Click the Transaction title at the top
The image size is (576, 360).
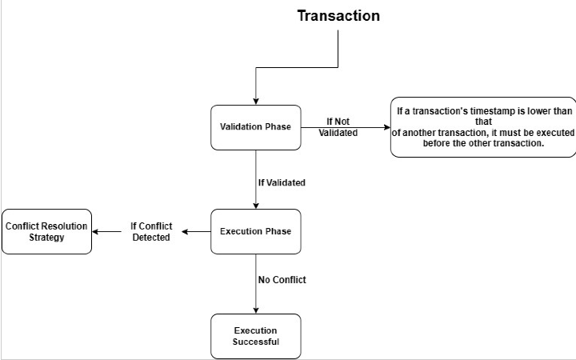click(338, 16)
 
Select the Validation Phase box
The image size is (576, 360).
click(256, 127)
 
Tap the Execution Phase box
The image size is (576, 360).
click(256, 231)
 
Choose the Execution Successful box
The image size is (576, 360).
click(256, 336)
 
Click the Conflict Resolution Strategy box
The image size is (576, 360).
click(46, 231)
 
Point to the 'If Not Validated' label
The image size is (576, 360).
click(338, 127)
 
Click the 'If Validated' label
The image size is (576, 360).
click(282, 182)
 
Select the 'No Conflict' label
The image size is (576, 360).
click(282, 280)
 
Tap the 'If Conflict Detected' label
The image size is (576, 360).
click(151, 231)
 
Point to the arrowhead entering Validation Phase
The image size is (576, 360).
click(256, 102)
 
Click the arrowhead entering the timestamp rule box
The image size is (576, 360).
click(387, 127)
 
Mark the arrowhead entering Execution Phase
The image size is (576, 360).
click(256, 206)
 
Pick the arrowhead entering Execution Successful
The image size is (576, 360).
click(256, 310)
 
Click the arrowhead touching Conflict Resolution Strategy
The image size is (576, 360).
click(95, 232)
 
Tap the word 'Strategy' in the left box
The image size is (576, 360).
click(46, 238)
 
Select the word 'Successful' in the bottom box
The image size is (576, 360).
click(256, 342)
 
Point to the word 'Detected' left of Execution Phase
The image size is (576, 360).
click(151, 238)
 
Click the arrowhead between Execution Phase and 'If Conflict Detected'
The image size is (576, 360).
click(185, 232)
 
